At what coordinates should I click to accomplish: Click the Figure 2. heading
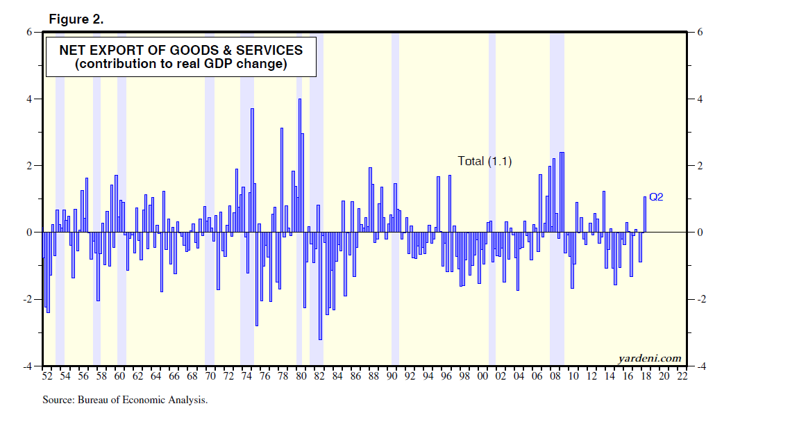point(76,19)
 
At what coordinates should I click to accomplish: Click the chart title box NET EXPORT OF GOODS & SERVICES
point(180,58)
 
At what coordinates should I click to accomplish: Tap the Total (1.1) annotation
point(485,161)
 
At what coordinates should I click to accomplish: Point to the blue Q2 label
point(656,197)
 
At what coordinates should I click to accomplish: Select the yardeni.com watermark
point(650,358)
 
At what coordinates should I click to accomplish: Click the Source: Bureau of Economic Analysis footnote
point(125,400)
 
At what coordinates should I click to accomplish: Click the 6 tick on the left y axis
point(30,32)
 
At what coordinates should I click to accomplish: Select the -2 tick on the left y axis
point(28,299)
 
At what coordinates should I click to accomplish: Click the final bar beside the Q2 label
point(645,214)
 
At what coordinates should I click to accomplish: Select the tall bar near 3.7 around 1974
point(252,170)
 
